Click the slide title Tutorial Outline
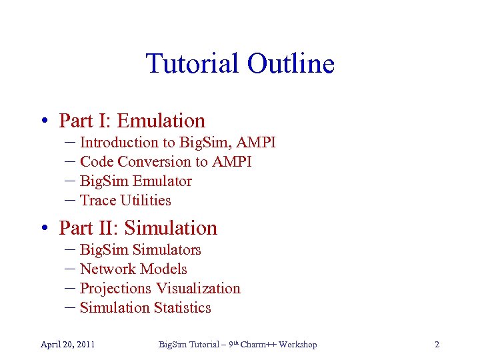(x=240, y=64)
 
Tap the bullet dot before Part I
(x=42, y=121)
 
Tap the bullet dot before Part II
(x=42, y=229)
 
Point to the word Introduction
(x=117, y=142)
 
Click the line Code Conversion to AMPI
(x=165, y=161)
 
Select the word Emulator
(x=162, y=181)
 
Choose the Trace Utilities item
(x=125, y=200)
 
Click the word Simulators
(x=167, y=249)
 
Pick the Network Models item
(x=133, y=269)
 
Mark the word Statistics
(x=182, y=307)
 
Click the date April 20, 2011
(x=67, y=345)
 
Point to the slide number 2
(x=437, y=345)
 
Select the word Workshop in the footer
(x=297, y=345)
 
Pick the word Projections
(x=115, y=289)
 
